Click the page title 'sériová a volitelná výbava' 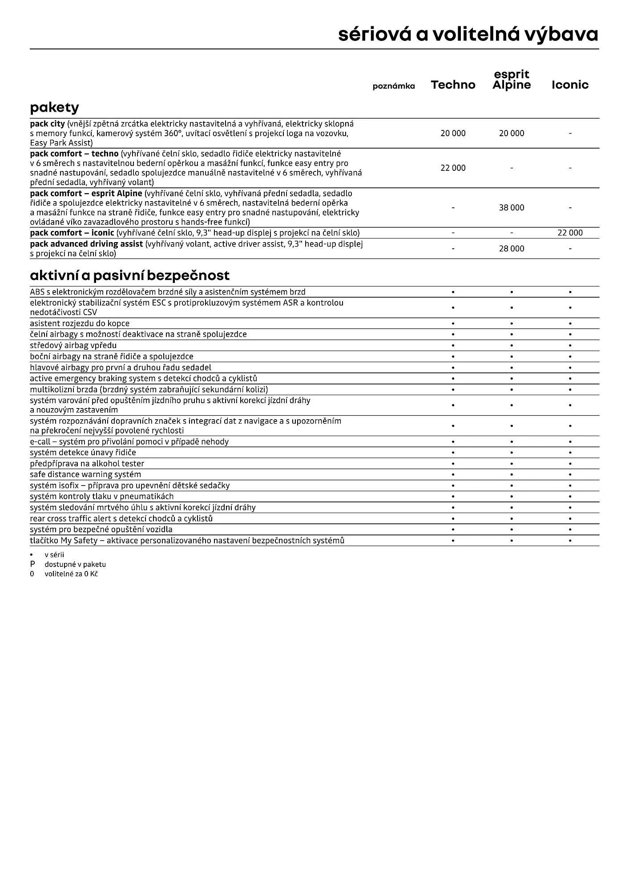(x=468, y=34)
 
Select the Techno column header (x=453, y=85)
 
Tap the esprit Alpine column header (x=512, y=80)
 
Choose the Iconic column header (x=570, y=85)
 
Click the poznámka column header (x=394, y=86)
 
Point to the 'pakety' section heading (x=54, y=108)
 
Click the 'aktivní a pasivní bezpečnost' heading (x=129, y=275)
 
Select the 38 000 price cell (x=512, y=207)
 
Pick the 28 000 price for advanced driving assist (x=512, y=249)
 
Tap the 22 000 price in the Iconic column (x=570, y=233)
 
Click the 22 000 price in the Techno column (x=453, y=168)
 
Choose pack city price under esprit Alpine (x=512, y=133)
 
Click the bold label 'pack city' (x=47, y=124)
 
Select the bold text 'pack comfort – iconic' (x=72, y=233)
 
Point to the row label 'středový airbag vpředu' (x=73, y=345)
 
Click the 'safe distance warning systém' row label (x=85, y=474)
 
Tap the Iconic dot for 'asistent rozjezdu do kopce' (x=570, y=324)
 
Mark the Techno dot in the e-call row (x=453, y=442)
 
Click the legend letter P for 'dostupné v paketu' (x=32, y=564)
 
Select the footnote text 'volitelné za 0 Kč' (x=71, y=574)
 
